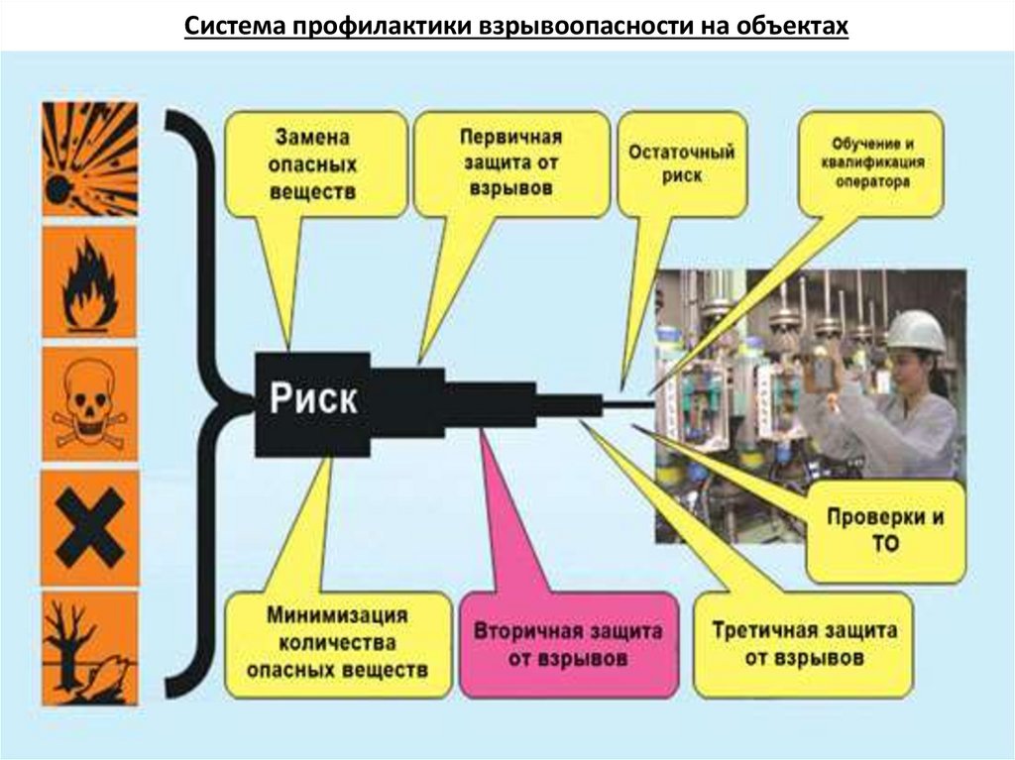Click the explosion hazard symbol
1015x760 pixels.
point(88,159)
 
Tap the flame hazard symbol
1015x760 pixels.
point(88,282)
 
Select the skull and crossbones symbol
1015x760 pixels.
point(88,406)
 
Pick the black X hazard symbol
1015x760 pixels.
point(88,527)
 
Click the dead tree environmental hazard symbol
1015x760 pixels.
point(88,644)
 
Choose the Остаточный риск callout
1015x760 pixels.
point(681,164)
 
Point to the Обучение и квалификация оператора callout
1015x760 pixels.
point(872,163)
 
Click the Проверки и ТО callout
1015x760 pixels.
point(885,531)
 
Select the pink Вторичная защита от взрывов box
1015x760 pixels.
point(568,644)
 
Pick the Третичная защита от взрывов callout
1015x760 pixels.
point(804,644)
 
